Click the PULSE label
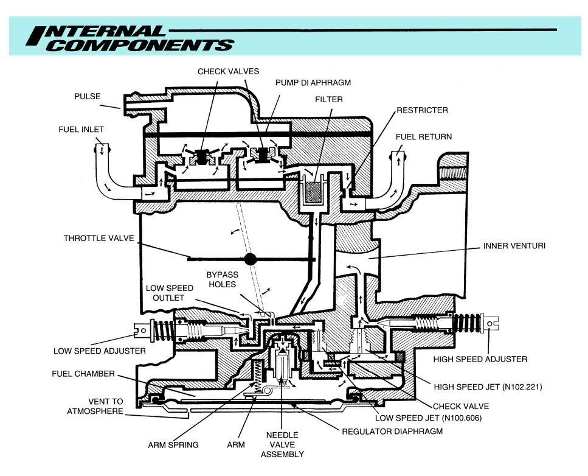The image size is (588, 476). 88,96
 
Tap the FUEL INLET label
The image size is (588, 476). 81,129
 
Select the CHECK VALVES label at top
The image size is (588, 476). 228,72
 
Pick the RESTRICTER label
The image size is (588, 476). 422,111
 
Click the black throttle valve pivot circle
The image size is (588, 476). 249,259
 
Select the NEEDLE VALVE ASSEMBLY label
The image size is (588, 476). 282,444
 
